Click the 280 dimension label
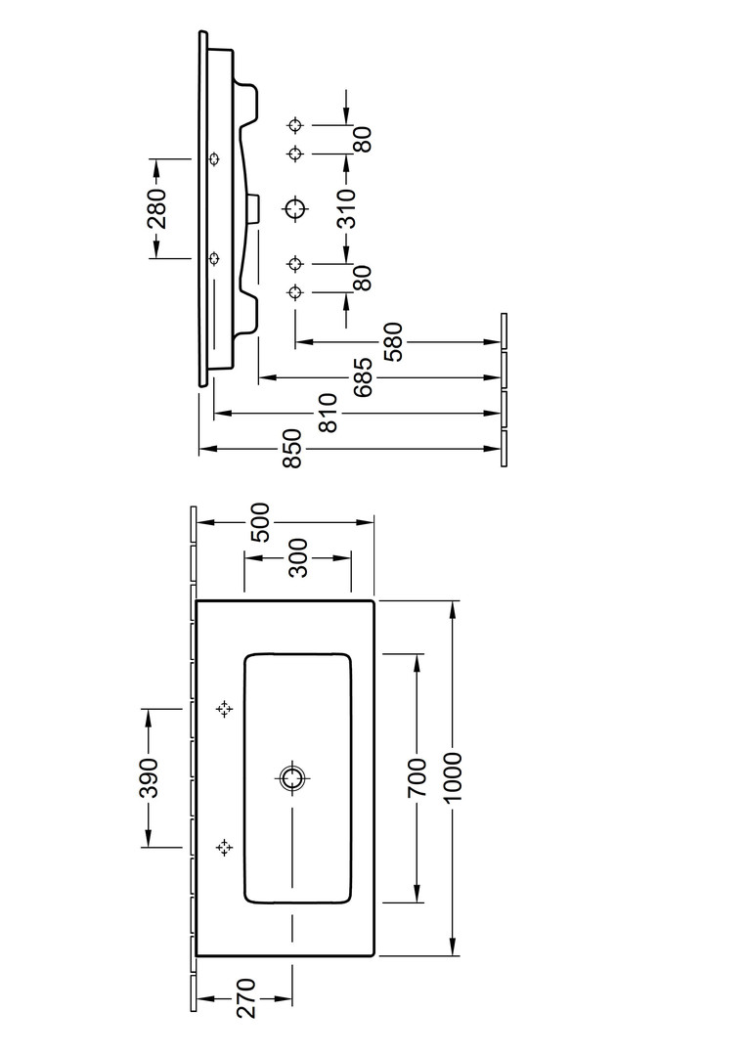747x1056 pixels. [157, 207]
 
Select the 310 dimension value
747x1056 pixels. [345, 207]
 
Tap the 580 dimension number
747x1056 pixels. [397, 341]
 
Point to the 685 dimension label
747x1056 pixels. [361, 377]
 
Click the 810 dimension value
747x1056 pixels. [329, 414]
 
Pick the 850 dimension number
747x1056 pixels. [291, 450]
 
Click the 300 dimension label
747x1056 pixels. [298, 557]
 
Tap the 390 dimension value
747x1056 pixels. [148, 777]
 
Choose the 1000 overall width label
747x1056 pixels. [453, 778]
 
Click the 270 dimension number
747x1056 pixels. [245, 999]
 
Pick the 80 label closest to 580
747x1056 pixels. [362, 278]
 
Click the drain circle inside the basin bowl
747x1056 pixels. [292, 778]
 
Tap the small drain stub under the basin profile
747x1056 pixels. [256, 207]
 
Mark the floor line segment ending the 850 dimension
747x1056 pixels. [505, 449]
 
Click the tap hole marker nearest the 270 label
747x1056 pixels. [225, 847]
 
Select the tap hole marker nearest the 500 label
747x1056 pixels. [225, 709]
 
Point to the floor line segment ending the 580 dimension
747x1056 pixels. [505, 331]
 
